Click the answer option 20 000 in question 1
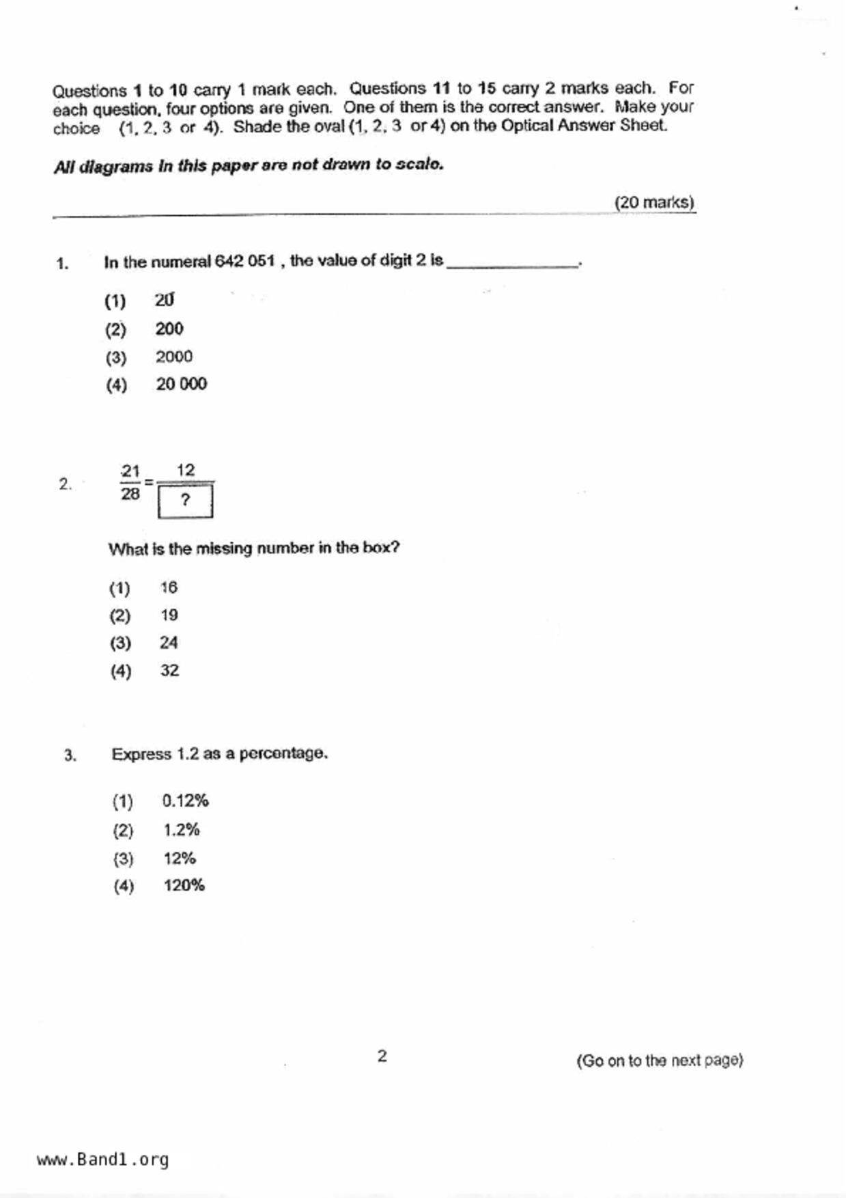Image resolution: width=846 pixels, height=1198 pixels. click(x=181, y=384)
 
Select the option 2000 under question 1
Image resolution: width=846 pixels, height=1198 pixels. click(x=173, y=357)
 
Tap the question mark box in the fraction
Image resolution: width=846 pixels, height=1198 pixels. click(x=185, y=501)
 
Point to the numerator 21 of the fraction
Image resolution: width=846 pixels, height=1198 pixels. click(x=130, y=471)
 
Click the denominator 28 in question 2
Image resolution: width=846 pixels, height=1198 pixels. click(x=130, y=494)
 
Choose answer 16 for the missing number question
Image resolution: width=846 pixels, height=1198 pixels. click(x=169, y=587)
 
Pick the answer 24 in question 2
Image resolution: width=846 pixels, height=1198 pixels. click(x=169, y=643)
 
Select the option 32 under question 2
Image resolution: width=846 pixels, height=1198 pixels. click(x=169, y=671)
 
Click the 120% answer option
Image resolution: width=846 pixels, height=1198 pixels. click(x=184, y=885)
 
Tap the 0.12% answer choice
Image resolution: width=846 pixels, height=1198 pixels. click(x=185, y=800)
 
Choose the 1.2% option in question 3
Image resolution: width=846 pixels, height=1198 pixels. click(x=181, y=830)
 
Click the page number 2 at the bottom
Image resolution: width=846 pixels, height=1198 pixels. click(x=382, y=1056)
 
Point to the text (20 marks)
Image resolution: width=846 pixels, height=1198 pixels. click(x=653, y=202)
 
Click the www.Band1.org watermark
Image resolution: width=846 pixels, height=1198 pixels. click(x=102, y=1159)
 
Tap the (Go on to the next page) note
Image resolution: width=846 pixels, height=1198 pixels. click(x=659, y=1060)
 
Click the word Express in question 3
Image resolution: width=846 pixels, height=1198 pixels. click(x=141, y=754)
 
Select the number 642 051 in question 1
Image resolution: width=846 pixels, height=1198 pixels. click(x=244, y=261)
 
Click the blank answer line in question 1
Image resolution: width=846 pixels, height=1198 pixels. click(x=512, y=265)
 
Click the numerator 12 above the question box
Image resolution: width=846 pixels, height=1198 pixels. click(x=186, y=470)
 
